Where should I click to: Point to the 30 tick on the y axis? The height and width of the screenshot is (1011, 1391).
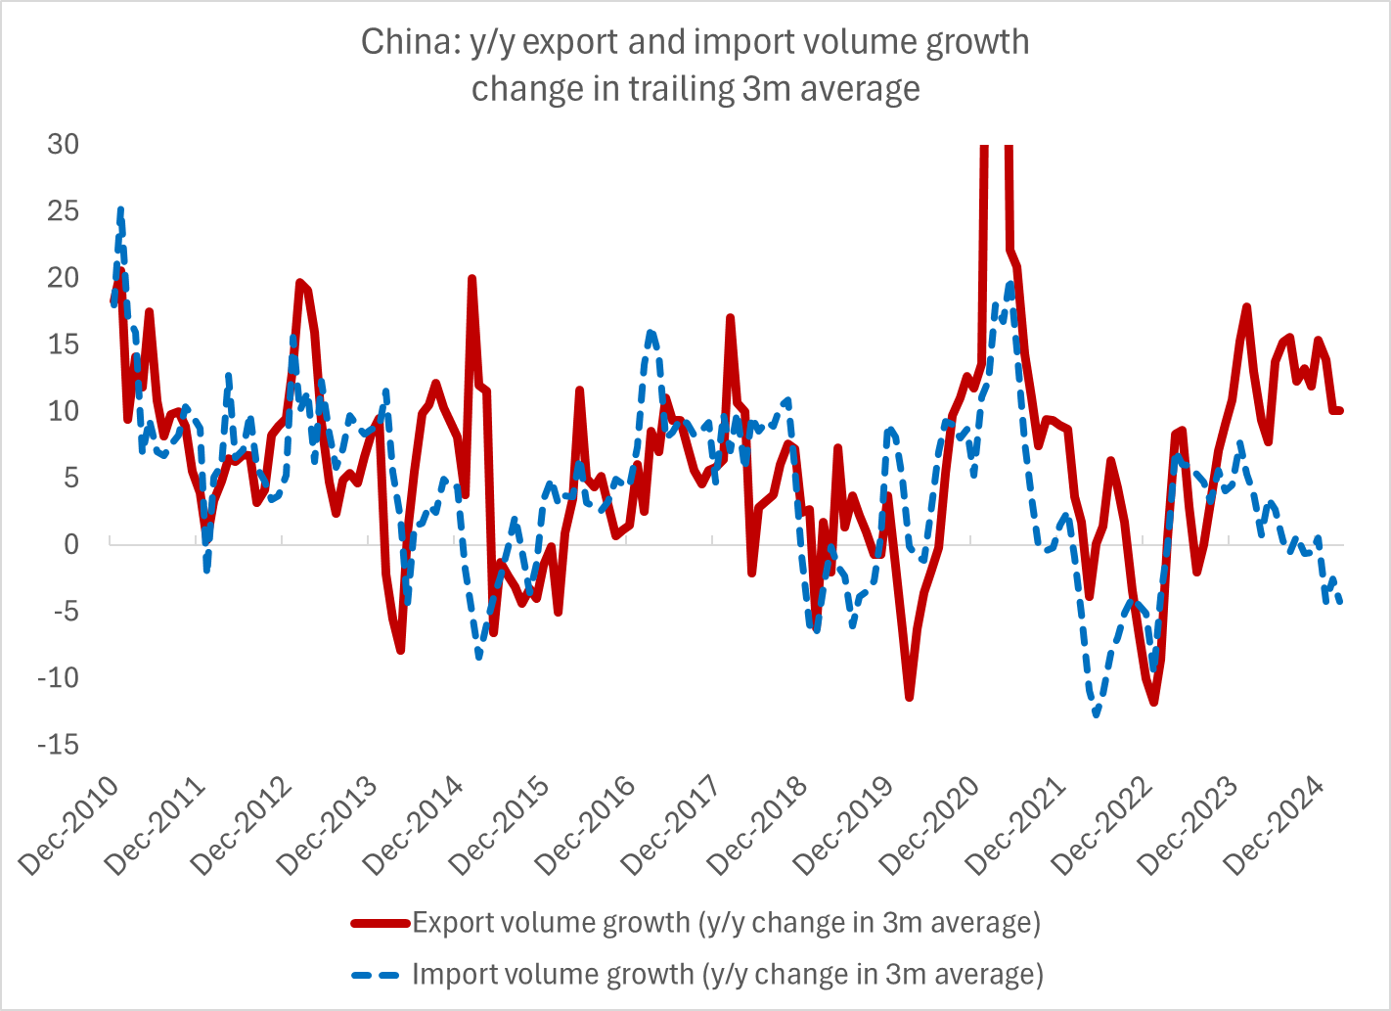(64, 144)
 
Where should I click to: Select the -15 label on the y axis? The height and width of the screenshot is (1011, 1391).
(58, 745)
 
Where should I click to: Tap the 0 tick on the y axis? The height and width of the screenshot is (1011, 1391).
(70, 544)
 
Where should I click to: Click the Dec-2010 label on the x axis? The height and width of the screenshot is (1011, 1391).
(69, 828)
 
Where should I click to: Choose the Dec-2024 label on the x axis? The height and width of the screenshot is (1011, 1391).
(1275, 828)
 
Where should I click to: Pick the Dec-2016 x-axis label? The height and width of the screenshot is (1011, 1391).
(586, 828)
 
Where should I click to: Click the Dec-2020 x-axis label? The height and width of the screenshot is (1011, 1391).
(930, 828)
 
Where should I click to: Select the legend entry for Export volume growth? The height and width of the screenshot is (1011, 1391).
(726, 923)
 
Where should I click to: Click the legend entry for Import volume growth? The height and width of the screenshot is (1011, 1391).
(728, 975)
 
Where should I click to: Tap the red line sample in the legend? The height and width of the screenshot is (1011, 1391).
(381, 923)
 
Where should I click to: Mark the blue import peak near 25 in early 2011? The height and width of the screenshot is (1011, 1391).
(120, 209)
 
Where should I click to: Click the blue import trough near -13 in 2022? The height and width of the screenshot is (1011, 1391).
(1097, 715)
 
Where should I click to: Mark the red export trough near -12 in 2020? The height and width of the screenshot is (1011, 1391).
(910, 697)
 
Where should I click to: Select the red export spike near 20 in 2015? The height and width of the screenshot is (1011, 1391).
(471, 279)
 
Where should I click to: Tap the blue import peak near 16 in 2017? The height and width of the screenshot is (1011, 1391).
(651, 333)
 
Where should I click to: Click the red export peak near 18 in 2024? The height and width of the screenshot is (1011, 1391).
(1247, 307)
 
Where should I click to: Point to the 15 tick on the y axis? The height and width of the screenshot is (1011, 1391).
(64, 345)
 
